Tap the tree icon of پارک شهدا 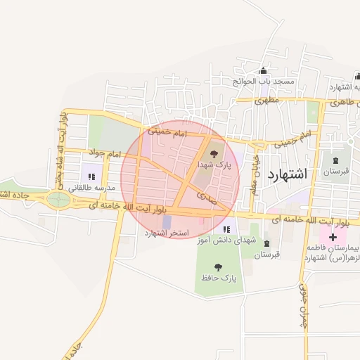[214, 151]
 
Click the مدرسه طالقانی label [91, 188]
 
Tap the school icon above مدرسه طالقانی [91, 176]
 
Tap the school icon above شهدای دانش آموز [226, 229]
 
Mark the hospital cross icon [333, 238]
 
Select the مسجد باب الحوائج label [265, 82]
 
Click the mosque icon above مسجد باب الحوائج [264, 71]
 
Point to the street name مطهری [266, 101]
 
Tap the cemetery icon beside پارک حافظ [266, 243]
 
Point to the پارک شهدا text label [214, 164]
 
